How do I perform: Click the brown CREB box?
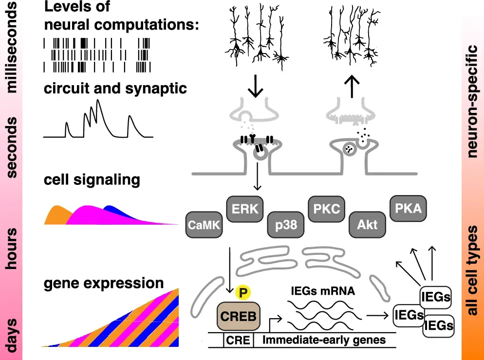click(239, 316)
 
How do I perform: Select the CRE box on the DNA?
click(239, 340)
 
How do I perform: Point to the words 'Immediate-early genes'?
click(324, 340)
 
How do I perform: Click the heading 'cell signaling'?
click(92, 180)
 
